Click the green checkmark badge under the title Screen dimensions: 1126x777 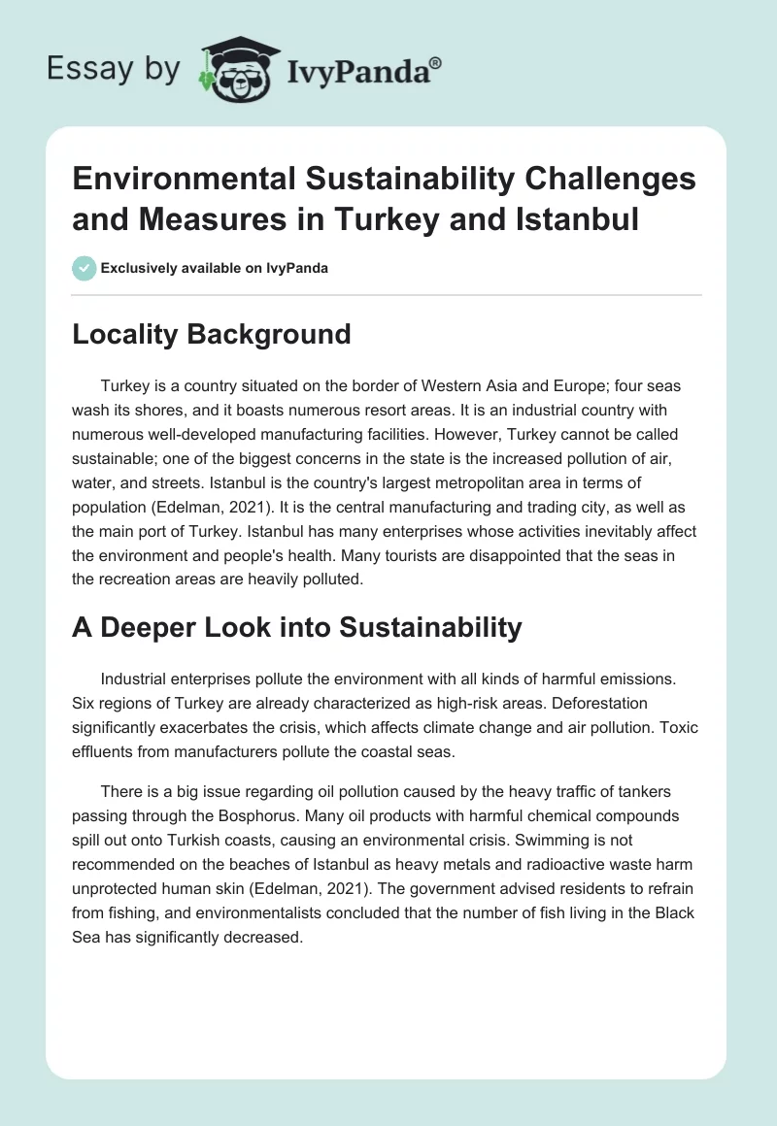[x=84, y=268]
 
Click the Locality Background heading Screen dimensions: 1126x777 [x=211, y=334]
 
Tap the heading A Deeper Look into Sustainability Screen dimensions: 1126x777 [x=296, y=627]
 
